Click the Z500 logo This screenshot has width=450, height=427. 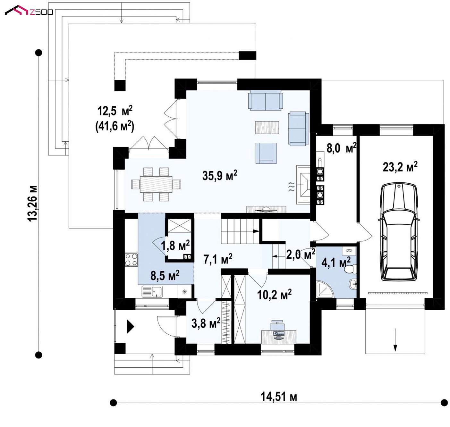(29, 10)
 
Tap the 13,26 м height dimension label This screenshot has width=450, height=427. (32, 203)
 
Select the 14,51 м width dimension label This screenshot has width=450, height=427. (278, 397)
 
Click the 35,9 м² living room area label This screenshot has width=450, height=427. (219, 176)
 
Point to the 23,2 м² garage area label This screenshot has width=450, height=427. (400, 167)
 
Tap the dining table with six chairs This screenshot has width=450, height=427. (156, 184)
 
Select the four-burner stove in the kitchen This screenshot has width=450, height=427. (131, 259)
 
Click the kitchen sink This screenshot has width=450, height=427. (152, 291)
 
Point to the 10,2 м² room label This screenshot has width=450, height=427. (274, 295)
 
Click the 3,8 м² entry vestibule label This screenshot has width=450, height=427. (206, 323)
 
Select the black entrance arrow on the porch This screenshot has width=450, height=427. (130, 327)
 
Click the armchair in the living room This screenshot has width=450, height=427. (266, 153)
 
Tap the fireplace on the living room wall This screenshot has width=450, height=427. (303, 185)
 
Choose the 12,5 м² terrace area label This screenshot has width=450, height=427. (115, 111)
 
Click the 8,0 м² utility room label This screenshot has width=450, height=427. (341, 148)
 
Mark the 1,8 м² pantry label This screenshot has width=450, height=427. (175, 246)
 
